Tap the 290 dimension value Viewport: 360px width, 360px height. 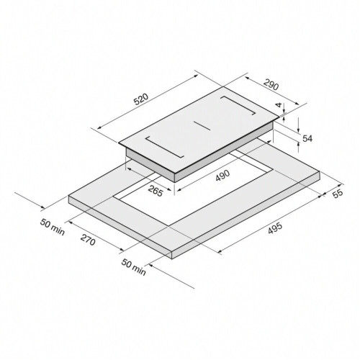271,84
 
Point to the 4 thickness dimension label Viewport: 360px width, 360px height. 279,104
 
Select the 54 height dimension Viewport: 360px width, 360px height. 307,138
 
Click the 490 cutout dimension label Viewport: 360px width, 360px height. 222,176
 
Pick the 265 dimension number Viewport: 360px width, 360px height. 156,191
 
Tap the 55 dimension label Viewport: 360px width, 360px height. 338,194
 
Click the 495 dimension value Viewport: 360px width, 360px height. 275,228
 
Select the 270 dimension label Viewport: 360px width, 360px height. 88,240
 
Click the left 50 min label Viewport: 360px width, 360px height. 53,227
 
